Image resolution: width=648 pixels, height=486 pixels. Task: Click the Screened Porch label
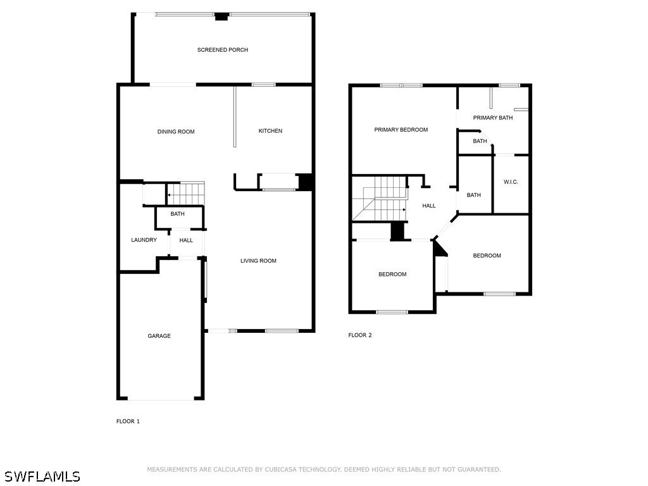(222, 50)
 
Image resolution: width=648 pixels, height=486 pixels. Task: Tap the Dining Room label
(176, 132)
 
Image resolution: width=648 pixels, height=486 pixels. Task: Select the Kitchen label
(270, 131)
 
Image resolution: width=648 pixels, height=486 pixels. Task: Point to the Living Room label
(258, 261)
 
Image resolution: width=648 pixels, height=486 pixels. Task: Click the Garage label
(159, 336)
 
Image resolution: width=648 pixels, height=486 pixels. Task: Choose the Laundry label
(144, 240)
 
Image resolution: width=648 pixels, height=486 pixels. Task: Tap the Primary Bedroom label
(401, 130)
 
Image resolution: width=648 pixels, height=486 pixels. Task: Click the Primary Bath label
(492, 118)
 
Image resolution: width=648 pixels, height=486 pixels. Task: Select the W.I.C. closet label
(511, 182)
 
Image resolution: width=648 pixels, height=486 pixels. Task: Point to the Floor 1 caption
(128, 421)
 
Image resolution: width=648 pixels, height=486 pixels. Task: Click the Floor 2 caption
(360, 335)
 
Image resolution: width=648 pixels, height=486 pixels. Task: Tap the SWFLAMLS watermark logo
(42, 476)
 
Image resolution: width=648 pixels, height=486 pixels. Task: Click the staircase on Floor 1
(186, 193)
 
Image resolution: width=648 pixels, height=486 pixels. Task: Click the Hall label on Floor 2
(429, 206)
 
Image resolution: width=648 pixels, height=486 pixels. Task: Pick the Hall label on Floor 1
(186, 240)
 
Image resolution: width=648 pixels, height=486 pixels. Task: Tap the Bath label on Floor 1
(177, 214)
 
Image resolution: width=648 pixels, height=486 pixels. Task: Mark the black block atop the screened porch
(221, 16)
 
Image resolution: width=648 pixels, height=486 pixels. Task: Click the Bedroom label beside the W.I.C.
(487, 256)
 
